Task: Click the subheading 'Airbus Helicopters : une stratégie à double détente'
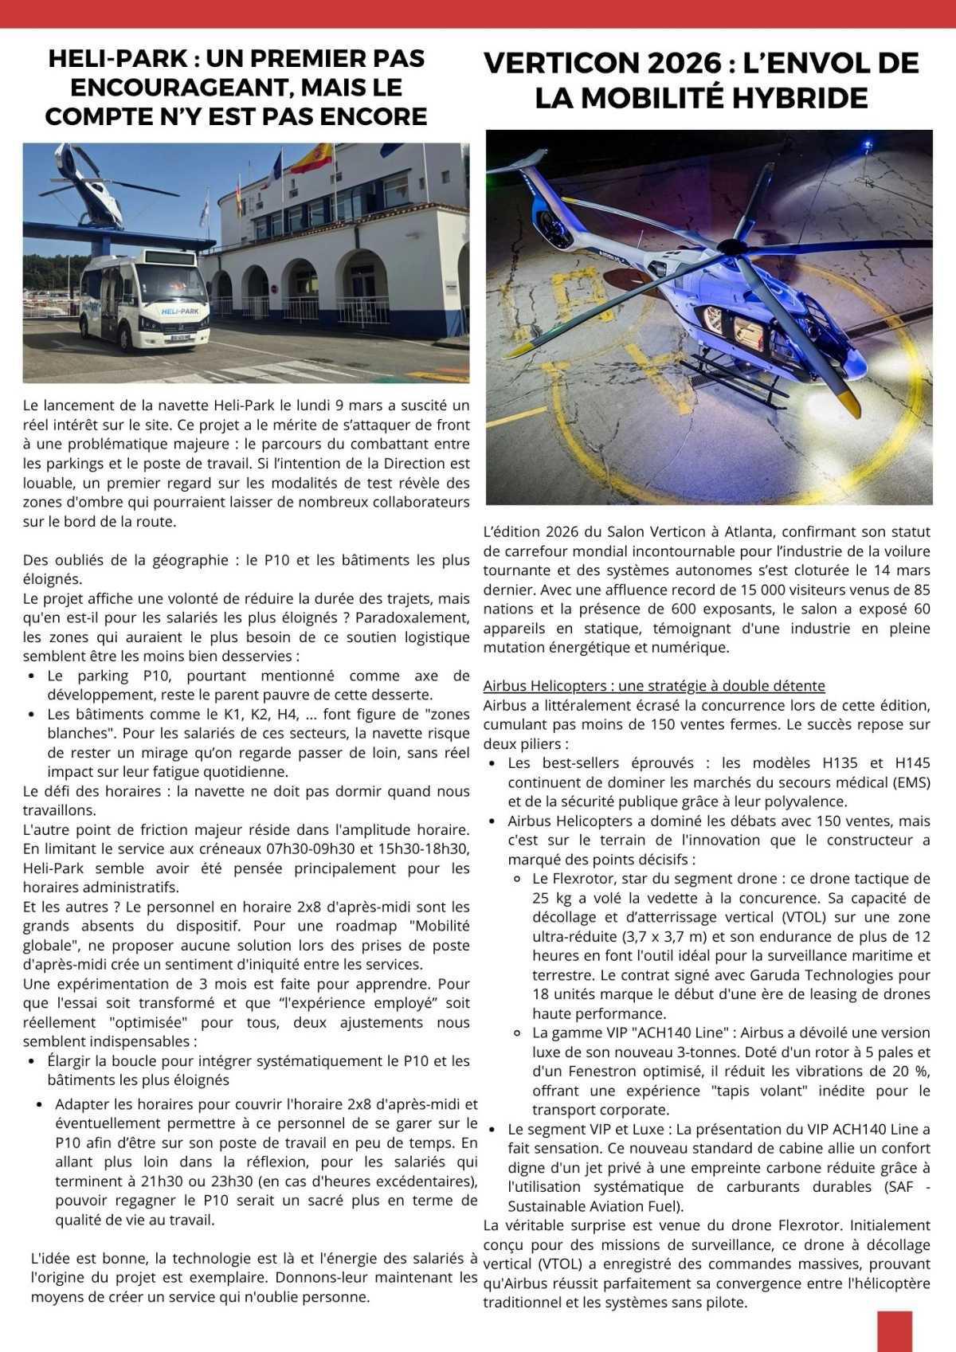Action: point(653,686)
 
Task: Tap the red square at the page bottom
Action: point(893,1330)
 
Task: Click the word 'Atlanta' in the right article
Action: point(735,532)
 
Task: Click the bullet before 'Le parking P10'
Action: point(31,676)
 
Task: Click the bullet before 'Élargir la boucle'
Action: point(31,1061)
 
